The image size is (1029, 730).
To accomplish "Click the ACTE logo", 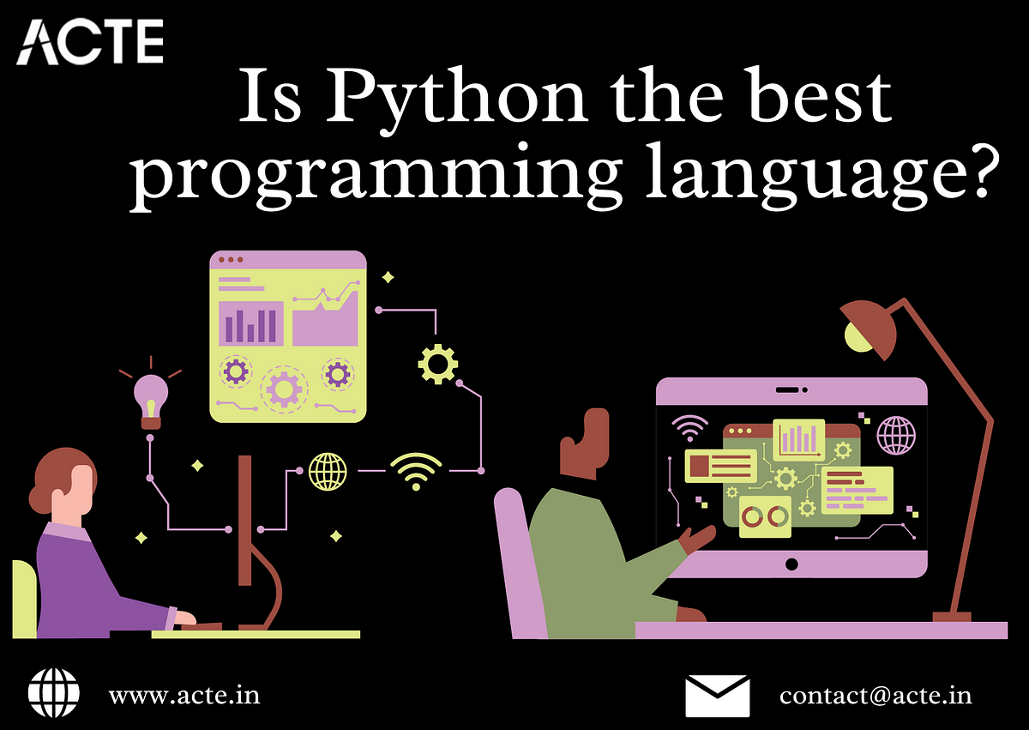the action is pyautogui.click(x=90, y=42).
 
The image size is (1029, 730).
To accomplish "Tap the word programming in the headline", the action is pyautogui.click(x=376, y=177).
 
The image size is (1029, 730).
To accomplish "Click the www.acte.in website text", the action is pyautogui.click(x=184, y=696).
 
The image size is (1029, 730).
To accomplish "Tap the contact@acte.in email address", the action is pyautogui.click(x=876, y=696).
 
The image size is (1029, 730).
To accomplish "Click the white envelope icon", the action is pyautogui.click(x=718, y=696).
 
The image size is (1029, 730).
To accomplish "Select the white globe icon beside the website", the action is pyautogui.click(x=54, y=693).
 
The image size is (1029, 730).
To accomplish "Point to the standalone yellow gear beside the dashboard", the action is pyautogui.click(x=438, y=364).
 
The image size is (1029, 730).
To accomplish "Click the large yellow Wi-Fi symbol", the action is pyautogui.click(x=416, y=471).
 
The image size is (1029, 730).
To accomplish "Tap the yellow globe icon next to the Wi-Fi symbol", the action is pyautogui.click(x=328, y=471).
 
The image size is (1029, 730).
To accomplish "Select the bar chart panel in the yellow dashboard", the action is pyautogui.click(x=250, y=323).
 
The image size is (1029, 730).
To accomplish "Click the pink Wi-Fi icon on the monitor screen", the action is pyautogui.click(x=689, y=428).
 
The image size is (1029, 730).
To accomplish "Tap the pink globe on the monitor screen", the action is pyautogui.click(x=896, y=435).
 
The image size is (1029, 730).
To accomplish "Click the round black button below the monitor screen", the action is pyautogui.click(x=791, y=564).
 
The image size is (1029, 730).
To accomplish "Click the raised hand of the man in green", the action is pyautogui.click(x=696, y=540).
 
